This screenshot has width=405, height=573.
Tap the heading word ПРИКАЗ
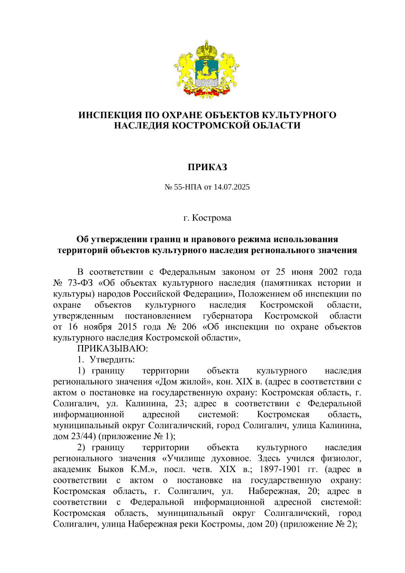click(207, 167)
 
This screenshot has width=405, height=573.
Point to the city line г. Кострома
click(207, 218)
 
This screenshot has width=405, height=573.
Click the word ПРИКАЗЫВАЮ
click(113, 348)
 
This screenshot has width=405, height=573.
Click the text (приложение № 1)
click(136, 436)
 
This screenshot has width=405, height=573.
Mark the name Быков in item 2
click(110, 469)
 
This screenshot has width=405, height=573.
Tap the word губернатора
click(227, 316)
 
